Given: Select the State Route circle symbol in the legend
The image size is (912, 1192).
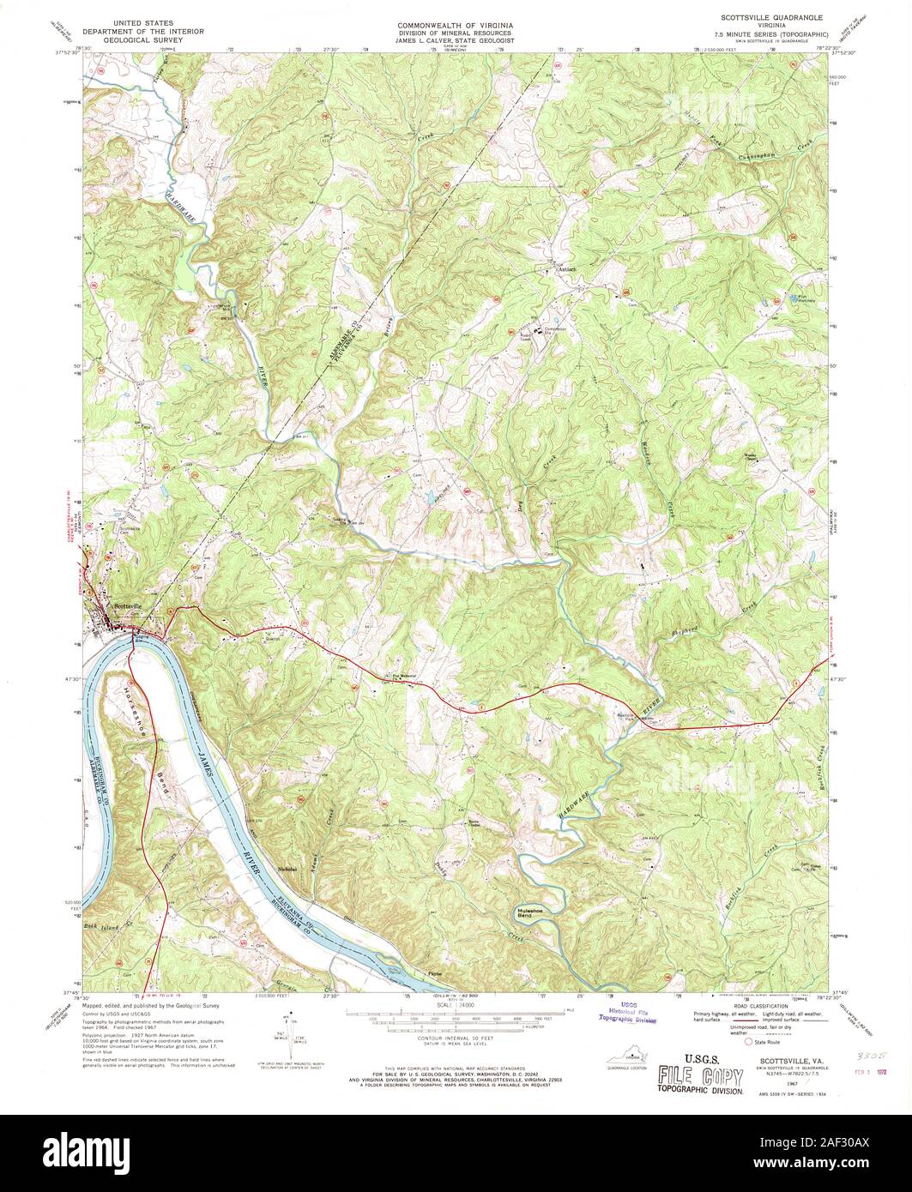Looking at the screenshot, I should [x=748, y=1044].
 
